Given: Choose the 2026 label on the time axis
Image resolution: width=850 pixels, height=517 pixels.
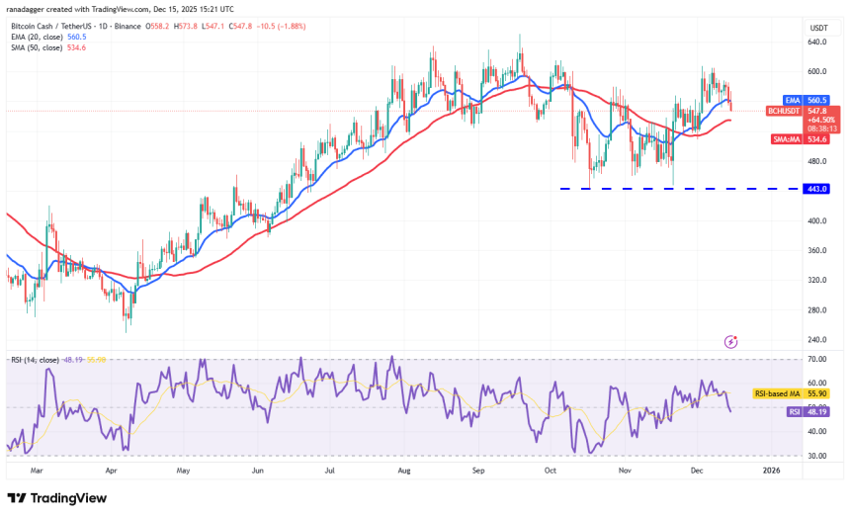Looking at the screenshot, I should pyautogui.click(x=772, y=471).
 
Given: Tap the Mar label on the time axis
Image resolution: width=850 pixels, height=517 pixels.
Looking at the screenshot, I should pyautogui.click(x=38, y=471).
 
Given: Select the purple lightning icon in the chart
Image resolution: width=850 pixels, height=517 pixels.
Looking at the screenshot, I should pyautogui.click(x=730, y=342).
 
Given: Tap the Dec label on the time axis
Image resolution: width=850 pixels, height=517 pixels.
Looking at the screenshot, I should pyautogui.click(x=698, y=471).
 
